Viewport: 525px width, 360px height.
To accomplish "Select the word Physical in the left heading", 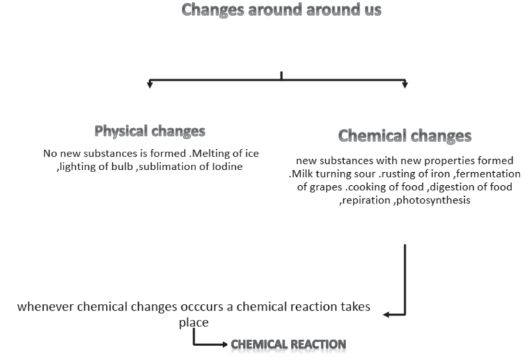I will click(121, 130).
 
